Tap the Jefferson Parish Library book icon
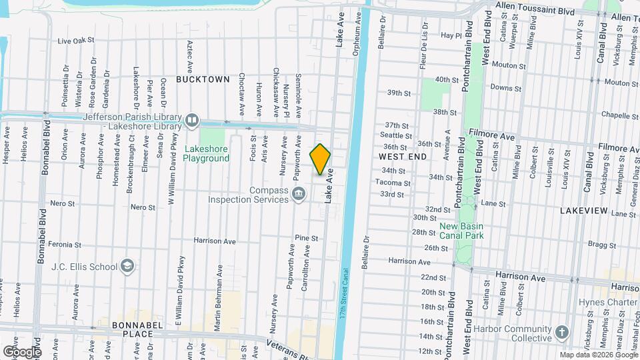(192, 120)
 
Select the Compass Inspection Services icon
(299, 195)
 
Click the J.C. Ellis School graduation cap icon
(126, 267)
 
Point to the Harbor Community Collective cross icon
(561, 333)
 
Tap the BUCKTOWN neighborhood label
(203, 79)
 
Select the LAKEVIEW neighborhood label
(583, 211)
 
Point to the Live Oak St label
(76, 41)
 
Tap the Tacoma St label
(388, 182)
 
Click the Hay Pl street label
(451, 35)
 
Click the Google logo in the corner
(22, 351)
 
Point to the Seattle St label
(393, 135)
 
